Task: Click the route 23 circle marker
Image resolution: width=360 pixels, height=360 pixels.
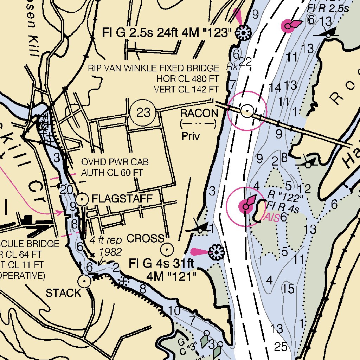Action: (143, 112)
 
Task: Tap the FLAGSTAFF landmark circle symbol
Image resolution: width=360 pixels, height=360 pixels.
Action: (82, 199)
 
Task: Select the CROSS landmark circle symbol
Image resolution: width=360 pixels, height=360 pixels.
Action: (167, 250)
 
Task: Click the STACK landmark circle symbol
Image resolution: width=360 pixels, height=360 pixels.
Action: (84, 281)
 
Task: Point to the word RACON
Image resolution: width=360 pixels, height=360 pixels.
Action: (199, 113)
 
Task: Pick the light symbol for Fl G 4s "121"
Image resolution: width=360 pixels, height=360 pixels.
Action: (216, 252)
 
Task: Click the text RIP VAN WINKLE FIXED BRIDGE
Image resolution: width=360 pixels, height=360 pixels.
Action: (153, 68)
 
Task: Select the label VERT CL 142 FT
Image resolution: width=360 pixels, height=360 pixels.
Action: (186, 89)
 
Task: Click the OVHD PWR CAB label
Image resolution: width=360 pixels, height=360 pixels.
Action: (115, 162)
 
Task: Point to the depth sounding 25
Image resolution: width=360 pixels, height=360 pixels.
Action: (281, 347)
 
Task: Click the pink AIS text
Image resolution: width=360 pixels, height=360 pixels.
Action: (271, 218)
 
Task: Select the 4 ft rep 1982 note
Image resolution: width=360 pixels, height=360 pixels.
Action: (106, 246)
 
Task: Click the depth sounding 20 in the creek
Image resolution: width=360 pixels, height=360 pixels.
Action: (66, 189)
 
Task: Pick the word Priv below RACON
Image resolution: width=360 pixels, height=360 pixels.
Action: (191, 136)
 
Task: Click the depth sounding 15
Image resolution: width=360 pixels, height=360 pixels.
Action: (288, 289)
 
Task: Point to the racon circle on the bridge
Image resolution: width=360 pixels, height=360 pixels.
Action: (247, 111)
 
